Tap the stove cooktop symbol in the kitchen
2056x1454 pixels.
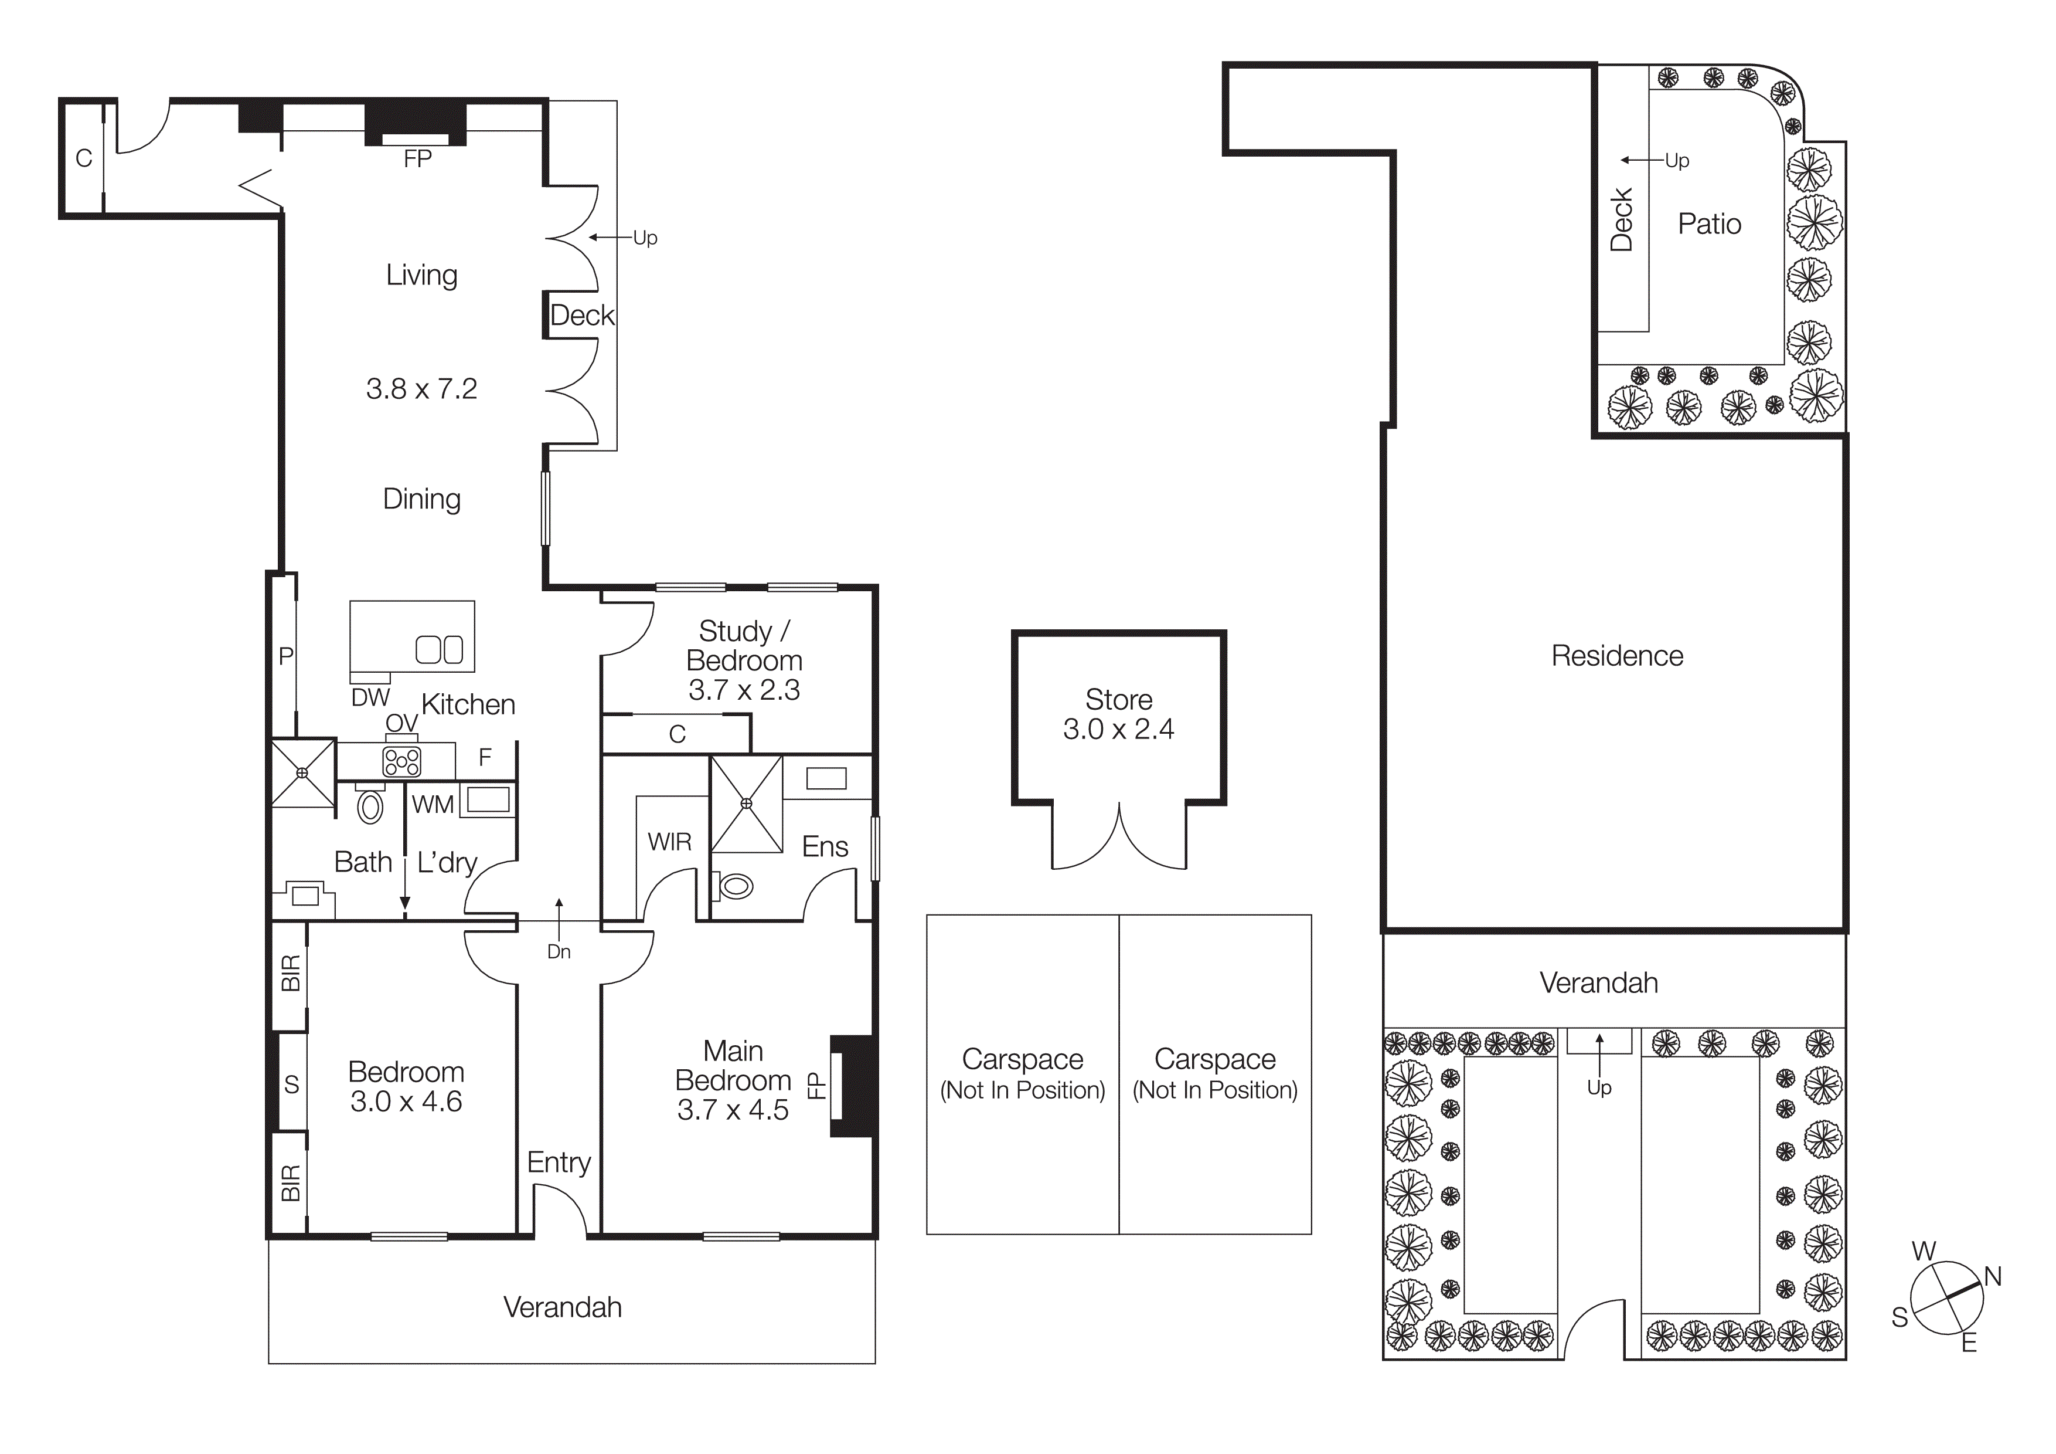tap(401, 761)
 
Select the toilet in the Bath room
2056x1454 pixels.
tap(370, 805)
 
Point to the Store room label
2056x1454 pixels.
tap(1118, 700)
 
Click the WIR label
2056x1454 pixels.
tap(670, 842)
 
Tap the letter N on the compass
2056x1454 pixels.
tap(1993, 1277)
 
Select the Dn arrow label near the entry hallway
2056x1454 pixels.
tap(559, 951)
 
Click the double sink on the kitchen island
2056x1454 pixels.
tap(439, 649)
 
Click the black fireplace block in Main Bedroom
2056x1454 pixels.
tap(853, 1086)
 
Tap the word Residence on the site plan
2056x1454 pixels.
tap(1616, 656)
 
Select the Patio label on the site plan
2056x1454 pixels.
tap(1708, 224)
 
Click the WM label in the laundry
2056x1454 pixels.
tap(433, 805)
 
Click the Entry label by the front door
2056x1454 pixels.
tap(559, 1163)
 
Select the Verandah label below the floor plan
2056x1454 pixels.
tap(563, 1308)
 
